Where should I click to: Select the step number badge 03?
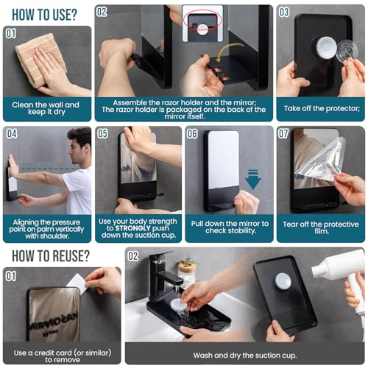pyautogui.click(x=283, y=13)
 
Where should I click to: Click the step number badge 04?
pyautogui.click(x=13, y=134)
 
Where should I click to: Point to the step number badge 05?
pyautogui.click(x=103, y=134)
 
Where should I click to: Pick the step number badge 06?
pyautogui.click(x=193, y=134)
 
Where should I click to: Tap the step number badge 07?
pyautogui.click(x=284, y=134)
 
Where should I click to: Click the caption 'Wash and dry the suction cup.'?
pyautogui.click(x=244, y=355)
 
